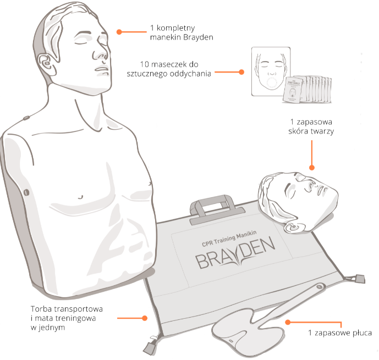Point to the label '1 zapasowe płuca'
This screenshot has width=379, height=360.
point(339,333)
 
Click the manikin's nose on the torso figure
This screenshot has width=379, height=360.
point(101,51)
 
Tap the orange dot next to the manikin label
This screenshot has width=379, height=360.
point(118,31)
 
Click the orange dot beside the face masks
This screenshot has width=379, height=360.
point(241,72)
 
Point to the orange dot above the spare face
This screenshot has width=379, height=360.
point(312,168)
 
